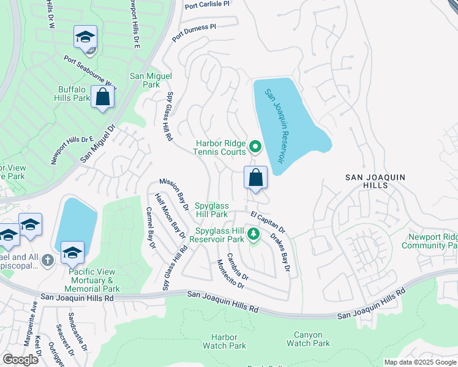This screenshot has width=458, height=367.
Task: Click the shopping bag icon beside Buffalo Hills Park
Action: (102, 97)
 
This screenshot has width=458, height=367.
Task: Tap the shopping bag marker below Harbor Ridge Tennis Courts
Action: (255, 178)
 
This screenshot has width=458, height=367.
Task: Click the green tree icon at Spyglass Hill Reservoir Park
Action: (252, 234)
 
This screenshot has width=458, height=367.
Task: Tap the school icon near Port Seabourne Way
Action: (86, 37)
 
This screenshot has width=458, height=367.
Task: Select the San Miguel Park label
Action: (151, 81)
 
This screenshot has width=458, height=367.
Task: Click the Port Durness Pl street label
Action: (194, 33)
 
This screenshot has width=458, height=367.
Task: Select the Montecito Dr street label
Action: (230, 273)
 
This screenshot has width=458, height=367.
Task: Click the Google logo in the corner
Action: (20, 360)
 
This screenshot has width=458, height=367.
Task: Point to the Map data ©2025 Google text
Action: (419, 362)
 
